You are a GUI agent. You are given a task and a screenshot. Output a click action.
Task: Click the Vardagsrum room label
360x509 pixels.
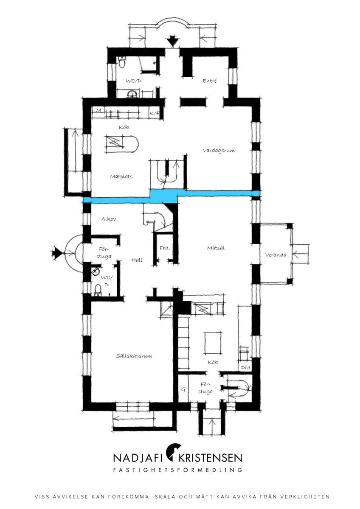pyautogui.click(x=219, y=151)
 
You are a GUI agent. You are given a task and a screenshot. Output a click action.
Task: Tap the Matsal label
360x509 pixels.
pyautogui.click(x=216, y=248)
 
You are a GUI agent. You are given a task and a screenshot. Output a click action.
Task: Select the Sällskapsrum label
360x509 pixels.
pyautogui.click(x=134, y=355)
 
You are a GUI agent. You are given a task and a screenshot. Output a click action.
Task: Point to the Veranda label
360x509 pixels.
pyautogui.click(x=276, y=255)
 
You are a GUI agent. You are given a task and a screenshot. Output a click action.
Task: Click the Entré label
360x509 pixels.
pyautogui.click(x=210, y=81)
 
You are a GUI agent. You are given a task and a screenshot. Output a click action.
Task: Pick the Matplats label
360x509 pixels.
pyautogui.click(x=121, y=176)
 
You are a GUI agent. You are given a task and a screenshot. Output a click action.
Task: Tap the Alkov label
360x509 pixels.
pyautogui.click(x=109, y=218)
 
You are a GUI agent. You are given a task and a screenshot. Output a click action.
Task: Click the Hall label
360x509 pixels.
pyautogui.click(x=137, y=260)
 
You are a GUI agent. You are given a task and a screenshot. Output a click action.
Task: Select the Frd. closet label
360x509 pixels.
pyautogui.click(x=165, y=248)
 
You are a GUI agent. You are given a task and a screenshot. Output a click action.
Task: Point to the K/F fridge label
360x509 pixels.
pyautogui.click(x=155, y=113)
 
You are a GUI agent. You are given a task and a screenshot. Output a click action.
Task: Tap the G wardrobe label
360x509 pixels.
pyautogui.click(x=183, y=389)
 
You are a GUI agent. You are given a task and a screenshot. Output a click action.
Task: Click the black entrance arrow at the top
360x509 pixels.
pyautogui.click(x=172, y=41)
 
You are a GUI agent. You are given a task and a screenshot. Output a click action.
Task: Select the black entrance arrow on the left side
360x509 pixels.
pyautogui.click(x=58, y=252)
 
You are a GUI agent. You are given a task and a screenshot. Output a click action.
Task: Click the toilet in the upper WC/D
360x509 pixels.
pyautogui.click(x=122, y=62)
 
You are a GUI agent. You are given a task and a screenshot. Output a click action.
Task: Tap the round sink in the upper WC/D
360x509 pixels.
pyautogui.click(x=132, y=93)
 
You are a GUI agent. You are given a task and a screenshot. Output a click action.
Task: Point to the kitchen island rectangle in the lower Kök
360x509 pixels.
pyautogui.click(x=213, y=343)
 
